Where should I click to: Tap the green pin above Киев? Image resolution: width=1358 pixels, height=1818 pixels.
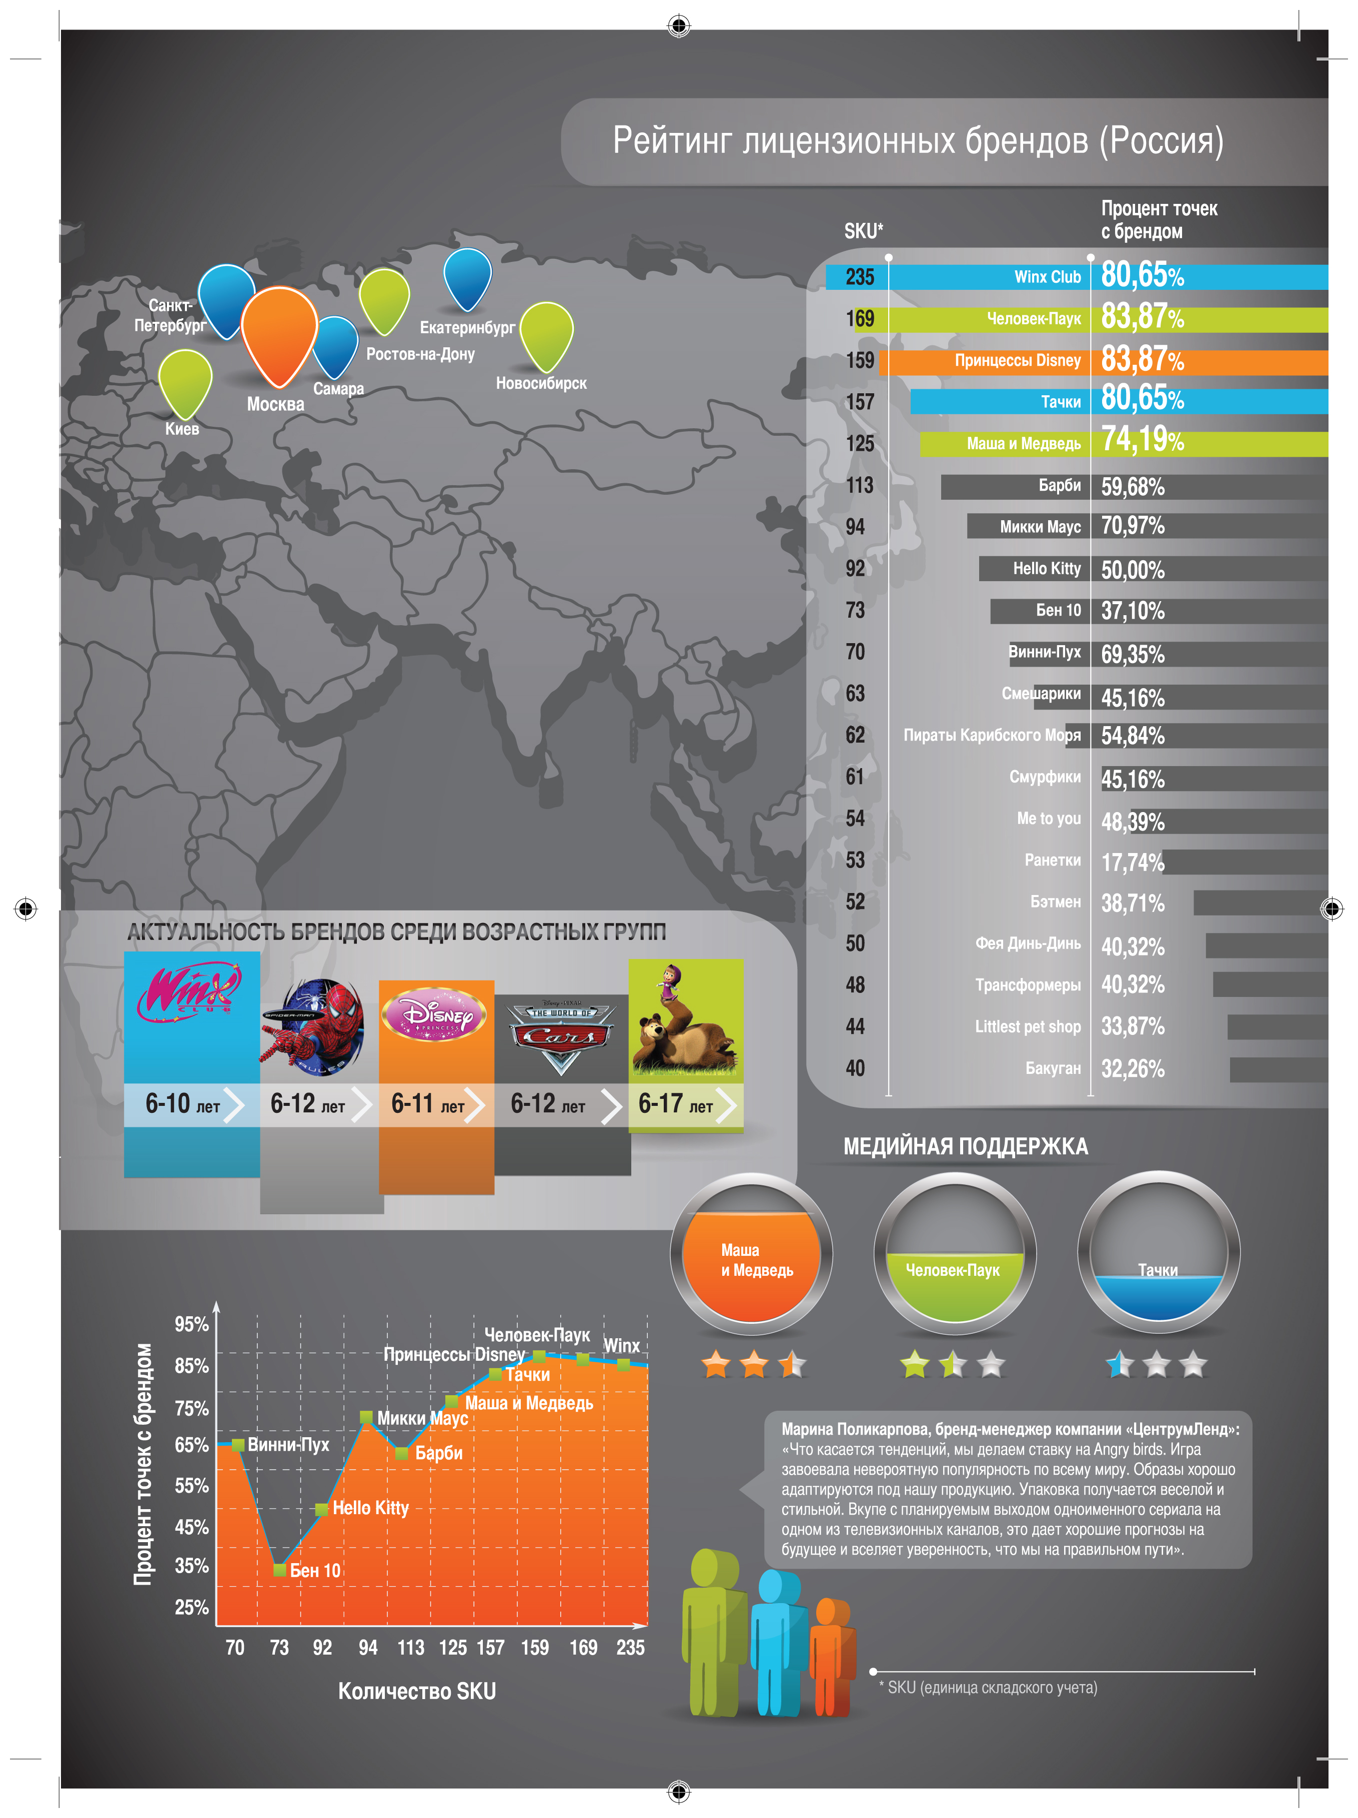coord(185,383)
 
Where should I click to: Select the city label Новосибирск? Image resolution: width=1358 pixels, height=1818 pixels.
coord(541,383)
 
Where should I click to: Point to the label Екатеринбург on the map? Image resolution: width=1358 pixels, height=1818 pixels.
coord(467,327)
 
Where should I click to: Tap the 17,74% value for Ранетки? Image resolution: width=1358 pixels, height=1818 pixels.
coord(1132,862)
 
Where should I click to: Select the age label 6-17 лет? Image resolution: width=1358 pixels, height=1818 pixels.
coord(675,1103)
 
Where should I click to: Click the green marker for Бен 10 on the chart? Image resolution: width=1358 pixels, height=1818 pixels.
coord(279,1570)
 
